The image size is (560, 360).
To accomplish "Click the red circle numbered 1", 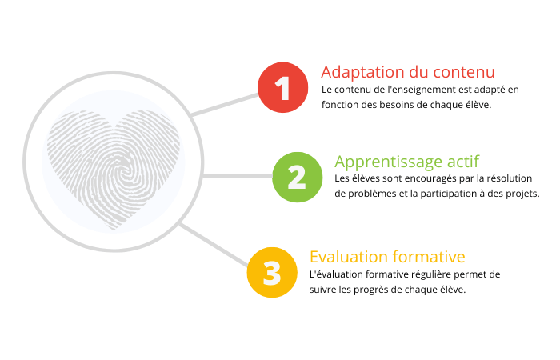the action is tap(283, 87).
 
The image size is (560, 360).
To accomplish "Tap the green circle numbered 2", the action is tap(297, 177).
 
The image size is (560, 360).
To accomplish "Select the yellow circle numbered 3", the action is tap(272, 273).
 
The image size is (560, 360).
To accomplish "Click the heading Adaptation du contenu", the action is tap(408, 72).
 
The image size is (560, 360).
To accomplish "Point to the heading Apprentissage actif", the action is tap(406, 162).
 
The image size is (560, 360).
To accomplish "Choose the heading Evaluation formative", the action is tap(387, 257).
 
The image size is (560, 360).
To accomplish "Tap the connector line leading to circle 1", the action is tap(225, 105).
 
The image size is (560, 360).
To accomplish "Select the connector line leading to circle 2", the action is tap(238, 176).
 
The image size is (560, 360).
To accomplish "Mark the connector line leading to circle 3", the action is tap(214, 245).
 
